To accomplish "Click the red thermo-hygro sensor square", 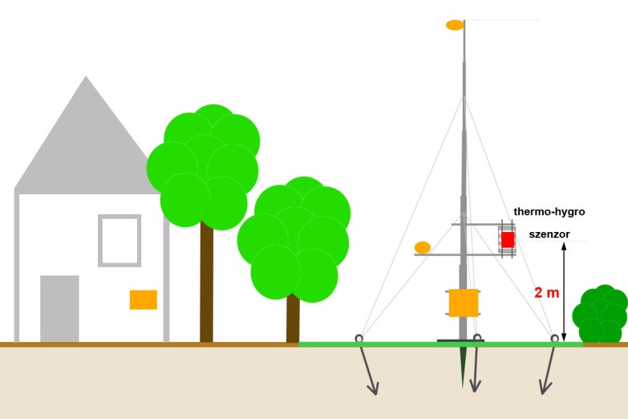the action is click(508, 239).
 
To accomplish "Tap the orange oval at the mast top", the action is click(455, 25).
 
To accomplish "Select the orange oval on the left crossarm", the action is click(423, 248).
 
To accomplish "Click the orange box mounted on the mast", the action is click(464, 303).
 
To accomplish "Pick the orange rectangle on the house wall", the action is click(144, 299).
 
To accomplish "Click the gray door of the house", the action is click(59, 309).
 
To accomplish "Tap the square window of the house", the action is click(120, 241).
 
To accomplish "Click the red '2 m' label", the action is click(547, 293).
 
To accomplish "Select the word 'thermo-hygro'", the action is click(549, 212).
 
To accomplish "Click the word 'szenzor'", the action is click(549, 234).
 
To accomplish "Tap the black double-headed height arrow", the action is click(564, 292).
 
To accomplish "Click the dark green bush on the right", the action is click(600, 314).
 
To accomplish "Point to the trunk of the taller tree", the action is click(207, 283).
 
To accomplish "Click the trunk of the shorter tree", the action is click(293, 319).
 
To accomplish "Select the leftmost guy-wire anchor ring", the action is click(359, 339).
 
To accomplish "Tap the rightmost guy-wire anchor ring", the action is click(555, 339).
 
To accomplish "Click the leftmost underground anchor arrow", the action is click(367, 370).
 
